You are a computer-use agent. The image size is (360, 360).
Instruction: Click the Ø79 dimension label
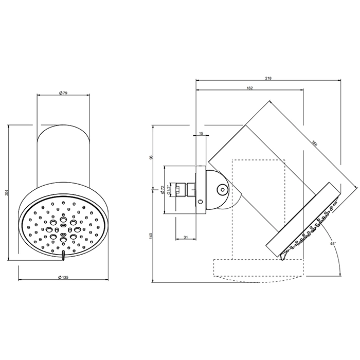63,93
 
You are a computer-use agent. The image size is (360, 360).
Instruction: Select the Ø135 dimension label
63,277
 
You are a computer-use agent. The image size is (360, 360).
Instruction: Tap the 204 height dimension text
6,192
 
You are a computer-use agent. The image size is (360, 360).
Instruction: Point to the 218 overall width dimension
268,78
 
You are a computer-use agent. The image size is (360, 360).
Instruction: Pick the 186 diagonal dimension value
314,143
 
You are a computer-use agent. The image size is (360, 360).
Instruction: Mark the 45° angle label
333,243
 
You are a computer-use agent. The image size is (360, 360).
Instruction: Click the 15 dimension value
201,133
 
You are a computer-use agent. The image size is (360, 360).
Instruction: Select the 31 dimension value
186,237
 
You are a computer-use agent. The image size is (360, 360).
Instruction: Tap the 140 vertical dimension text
151,236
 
